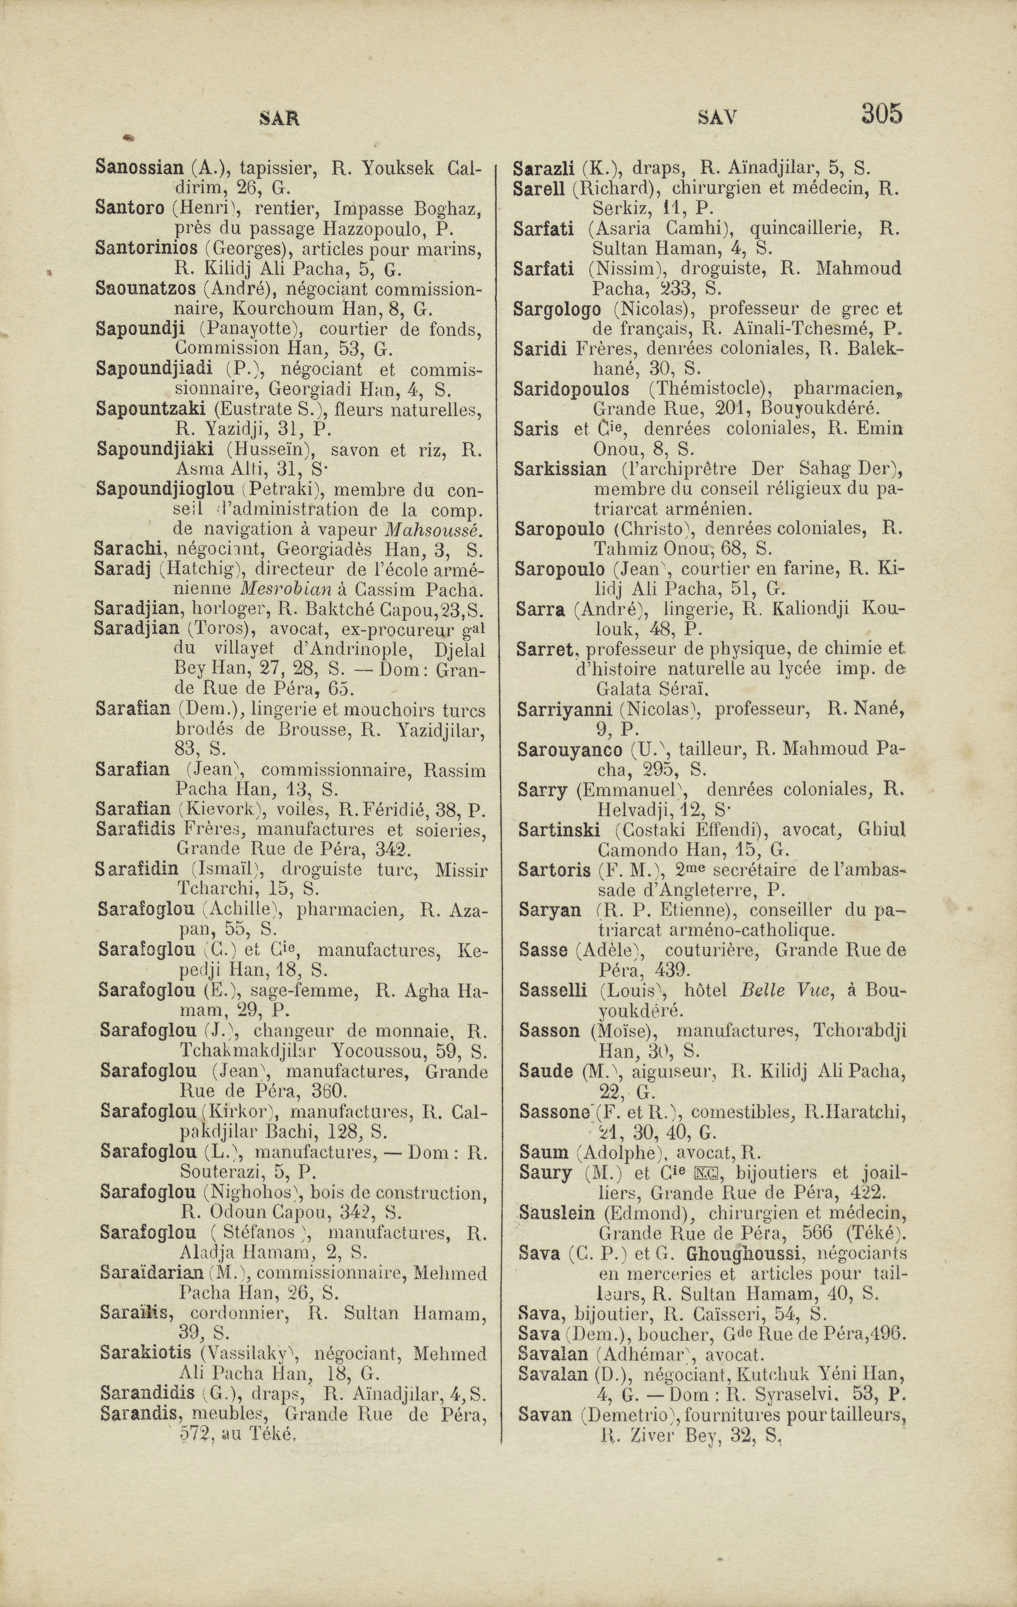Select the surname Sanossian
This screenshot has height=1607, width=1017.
[139, 167]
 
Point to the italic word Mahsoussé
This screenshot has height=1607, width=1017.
[434, 530]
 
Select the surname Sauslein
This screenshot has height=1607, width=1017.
[557, 1213]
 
